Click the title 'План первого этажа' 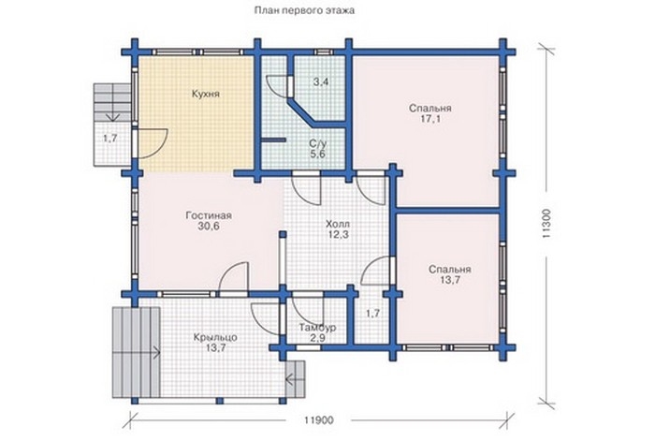click(304, 11)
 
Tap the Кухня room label click(206, 94)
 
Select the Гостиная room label click(209, 215)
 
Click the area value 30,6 click(209, 227)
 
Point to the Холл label click(338, 224)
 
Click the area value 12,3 click(338, 234)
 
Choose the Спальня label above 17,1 click(429, 109)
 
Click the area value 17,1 click(430, 119)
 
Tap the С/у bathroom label click(318, 144)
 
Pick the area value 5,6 click(317, 154)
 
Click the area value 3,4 click(321, 81)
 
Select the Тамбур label click(318, 328)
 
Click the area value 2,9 click(318, 338)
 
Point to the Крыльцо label click(215, 337)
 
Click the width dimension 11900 click(319, 420)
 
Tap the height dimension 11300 click(547, 224)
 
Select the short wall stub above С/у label click(273, 140)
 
